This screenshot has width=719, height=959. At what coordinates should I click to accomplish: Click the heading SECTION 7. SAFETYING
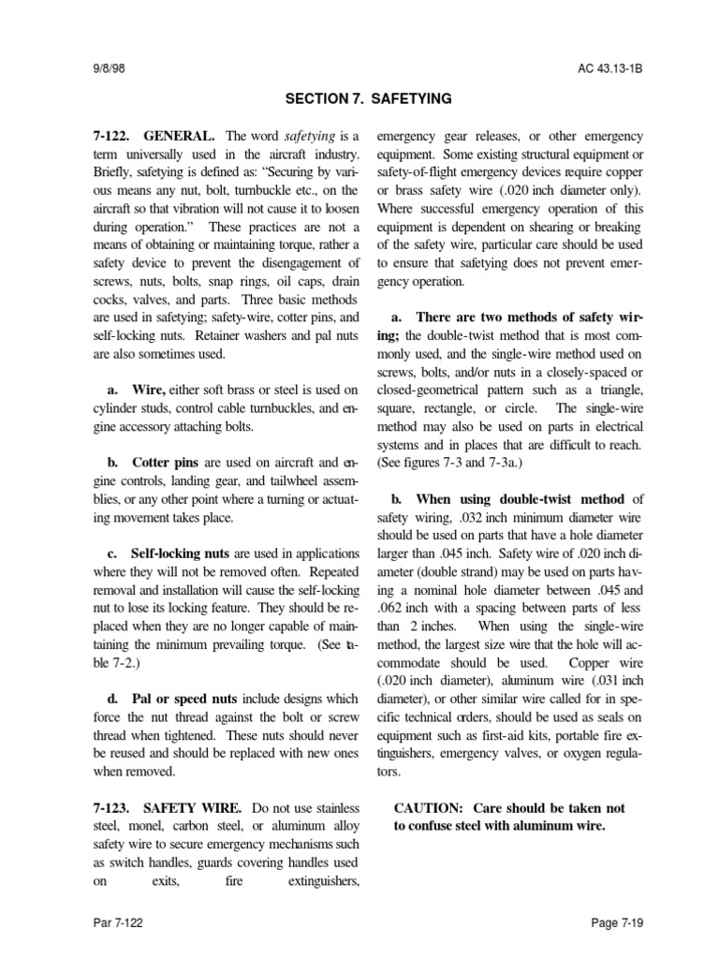pos(359,97)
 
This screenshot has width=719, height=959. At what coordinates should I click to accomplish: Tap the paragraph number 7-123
pos(111,807)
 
